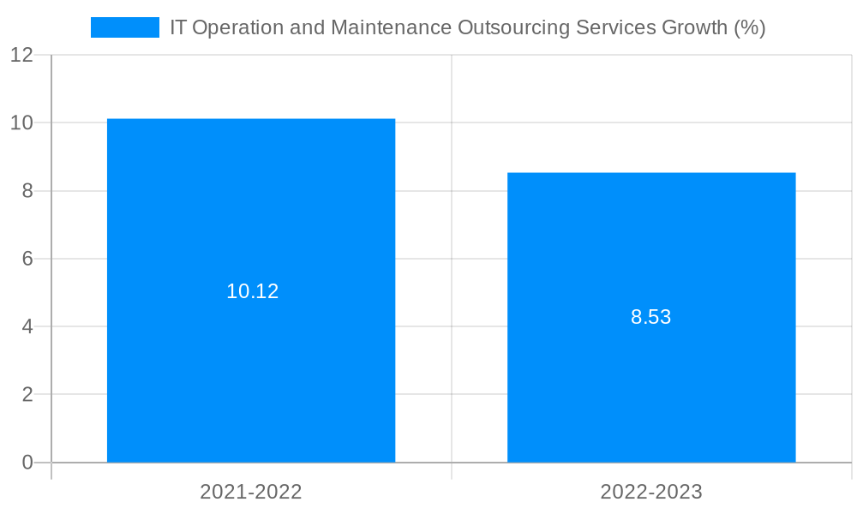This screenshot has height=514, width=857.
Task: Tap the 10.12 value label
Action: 252,291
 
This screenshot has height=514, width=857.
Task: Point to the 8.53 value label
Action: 650,317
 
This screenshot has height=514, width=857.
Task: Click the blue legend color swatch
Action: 125,27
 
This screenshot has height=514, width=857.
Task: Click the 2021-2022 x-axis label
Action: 251,492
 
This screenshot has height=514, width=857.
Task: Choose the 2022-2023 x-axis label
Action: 651,492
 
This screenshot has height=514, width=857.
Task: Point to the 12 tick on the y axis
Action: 21,55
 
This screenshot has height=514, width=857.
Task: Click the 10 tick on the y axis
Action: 21,123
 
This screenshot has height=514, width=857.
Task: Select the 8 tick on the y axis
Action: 27,191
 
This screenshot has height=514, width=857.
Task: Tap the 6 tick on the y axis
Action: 27,259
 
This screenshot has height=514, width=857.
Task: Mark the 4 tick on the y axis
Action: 27,326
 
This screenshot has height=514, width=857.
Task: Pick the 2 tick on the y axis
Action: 27,395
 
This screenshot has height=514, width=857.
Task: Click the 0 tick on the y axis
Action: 27,463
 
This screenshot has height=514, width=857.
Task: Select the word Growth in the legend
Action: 695,27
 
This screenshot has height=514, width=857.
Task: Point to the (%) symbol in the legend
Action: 750,27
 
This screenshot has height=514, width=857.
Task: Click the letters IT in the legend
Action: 178,27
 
